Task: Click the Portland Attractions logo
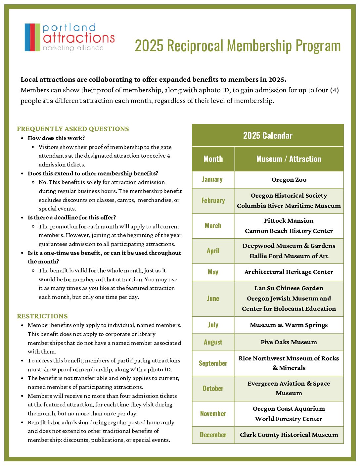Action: click(x=69, y=37)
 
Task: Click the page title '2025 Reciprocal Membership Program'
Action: click(x=238, y=46)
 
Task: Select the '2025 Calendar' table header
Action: click(x=268, y=135)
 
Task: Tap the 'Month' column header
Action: click(x=213, y=159)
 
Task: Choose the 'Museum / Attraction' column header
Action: click(x=289, y=159)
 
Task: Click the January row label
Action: click(x=212, y=179)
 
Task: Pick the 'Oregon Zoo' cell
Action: click(x=289, y=180)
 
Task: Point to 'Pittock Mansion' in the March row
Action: click(x=289, y=221)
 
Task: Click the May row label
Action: click(x=213, y=272)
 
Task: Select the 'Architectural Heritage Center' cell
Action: click(x=289, y=272)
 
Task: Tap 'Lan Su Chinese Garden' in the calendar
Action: click(x=289, y=288)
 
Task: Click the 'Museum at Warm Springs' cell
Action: click(x=289, y=325)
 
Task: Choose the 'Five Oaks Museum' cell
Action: click(x=289, y=342)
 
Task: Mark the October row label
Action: click(x=213, y=388)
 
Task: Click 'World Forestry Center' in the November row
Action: click(x=289, y=419)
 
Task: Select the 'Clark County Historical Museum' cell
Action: click(x=289, y=435)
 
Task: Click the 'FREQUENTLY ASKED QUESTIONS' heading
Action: click(x=73, y=129)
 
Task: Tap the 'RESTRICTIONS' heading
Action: click(x=42, y=316)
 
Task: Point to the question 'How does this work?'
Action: click(x=56, y=138)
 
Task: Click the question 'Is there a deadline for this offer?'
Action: click(x=72, y=217)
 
